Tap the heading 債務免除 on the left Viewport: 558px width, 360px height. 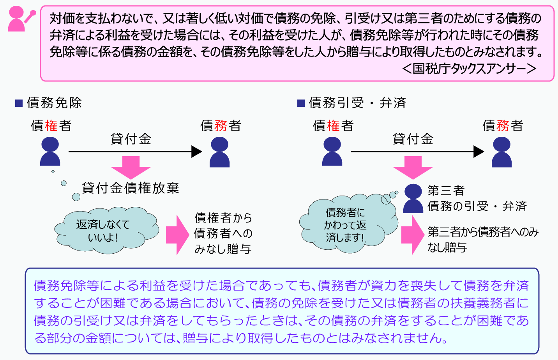54,103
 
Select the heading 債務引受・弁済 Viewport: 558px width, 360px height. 357,103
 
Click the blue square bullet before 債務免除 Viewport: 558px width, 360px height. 19,103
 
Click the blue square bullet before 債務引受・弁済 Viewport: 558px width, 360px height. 301,103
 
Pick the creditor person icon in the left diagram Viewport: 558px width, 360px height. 50,151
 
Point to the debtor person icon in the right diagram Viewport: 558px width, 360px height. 501,152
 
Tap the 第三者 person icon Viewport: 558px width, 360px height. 413,198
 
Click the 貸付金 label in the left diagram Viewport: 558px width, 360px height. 131,139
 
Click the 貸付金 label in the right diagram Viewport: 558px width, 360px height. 413,139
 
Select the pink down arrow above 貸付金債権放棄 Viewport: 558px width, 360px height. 131,168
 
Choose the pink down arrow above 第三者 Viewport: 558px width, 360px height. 413,168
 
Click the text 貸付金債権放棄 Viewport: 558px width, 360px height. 131,188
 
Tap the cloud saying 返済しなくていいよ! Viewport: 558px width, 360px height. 107,230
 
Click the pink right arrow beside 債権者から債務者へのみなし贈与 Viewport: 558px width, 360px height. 178,235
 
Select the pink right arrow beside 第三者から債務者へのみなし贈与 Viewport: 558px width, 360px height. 413,235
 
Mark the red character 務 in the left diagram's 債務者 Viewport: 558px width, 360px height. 221,125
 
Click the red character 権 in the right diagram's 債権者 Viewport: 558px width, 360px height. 333,125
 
